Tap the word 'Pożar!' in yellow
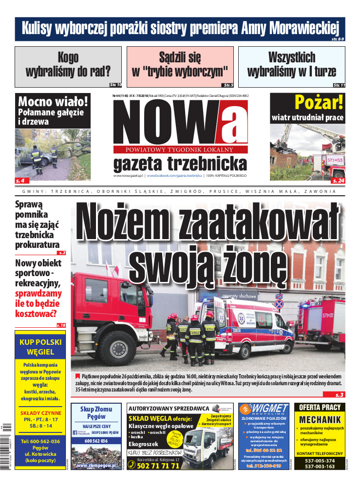click(x=319, y=102)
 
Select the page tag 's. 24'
click(x=338, y=181)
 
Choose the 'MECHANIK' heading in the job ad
click(x=320, y=420)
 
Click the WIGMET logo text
click(x=265, y=408)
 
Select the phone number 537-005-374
click(x=320, y=461)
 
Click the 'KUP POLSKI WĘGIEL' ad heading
click(x=40, y=346)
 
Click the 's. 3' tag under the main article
click(x=339, y=394)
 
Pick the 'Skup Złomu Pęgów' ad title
click(x=96, y=412)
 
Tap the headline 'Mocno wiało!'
click(x=53, y=102)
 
